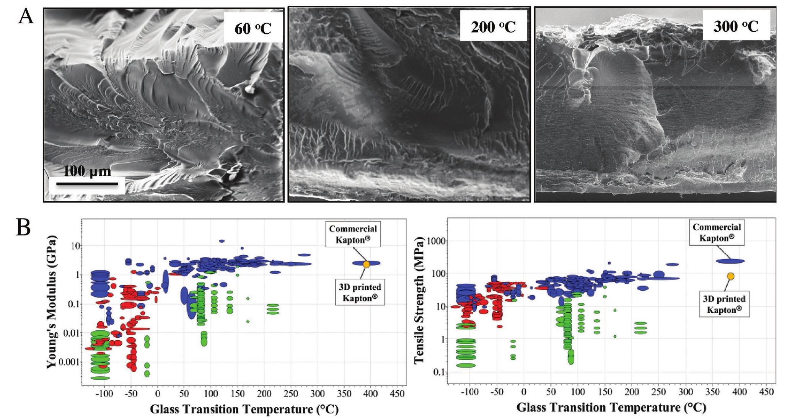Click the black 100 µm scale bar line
click(x=87, y=184)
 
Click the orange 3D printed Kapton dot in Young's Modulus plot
click(x=366, y=264)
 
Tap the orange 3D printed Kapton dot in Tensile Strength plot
click(x=730, y=276)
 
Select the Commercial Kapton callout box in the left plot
click(x=353, y=234)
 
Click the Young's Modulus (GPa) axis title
click(x=52, y=302)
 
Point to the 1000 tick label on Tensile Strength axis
click(x=435, y=241)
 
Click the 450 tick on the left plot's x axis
click(x=397, y=394)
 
